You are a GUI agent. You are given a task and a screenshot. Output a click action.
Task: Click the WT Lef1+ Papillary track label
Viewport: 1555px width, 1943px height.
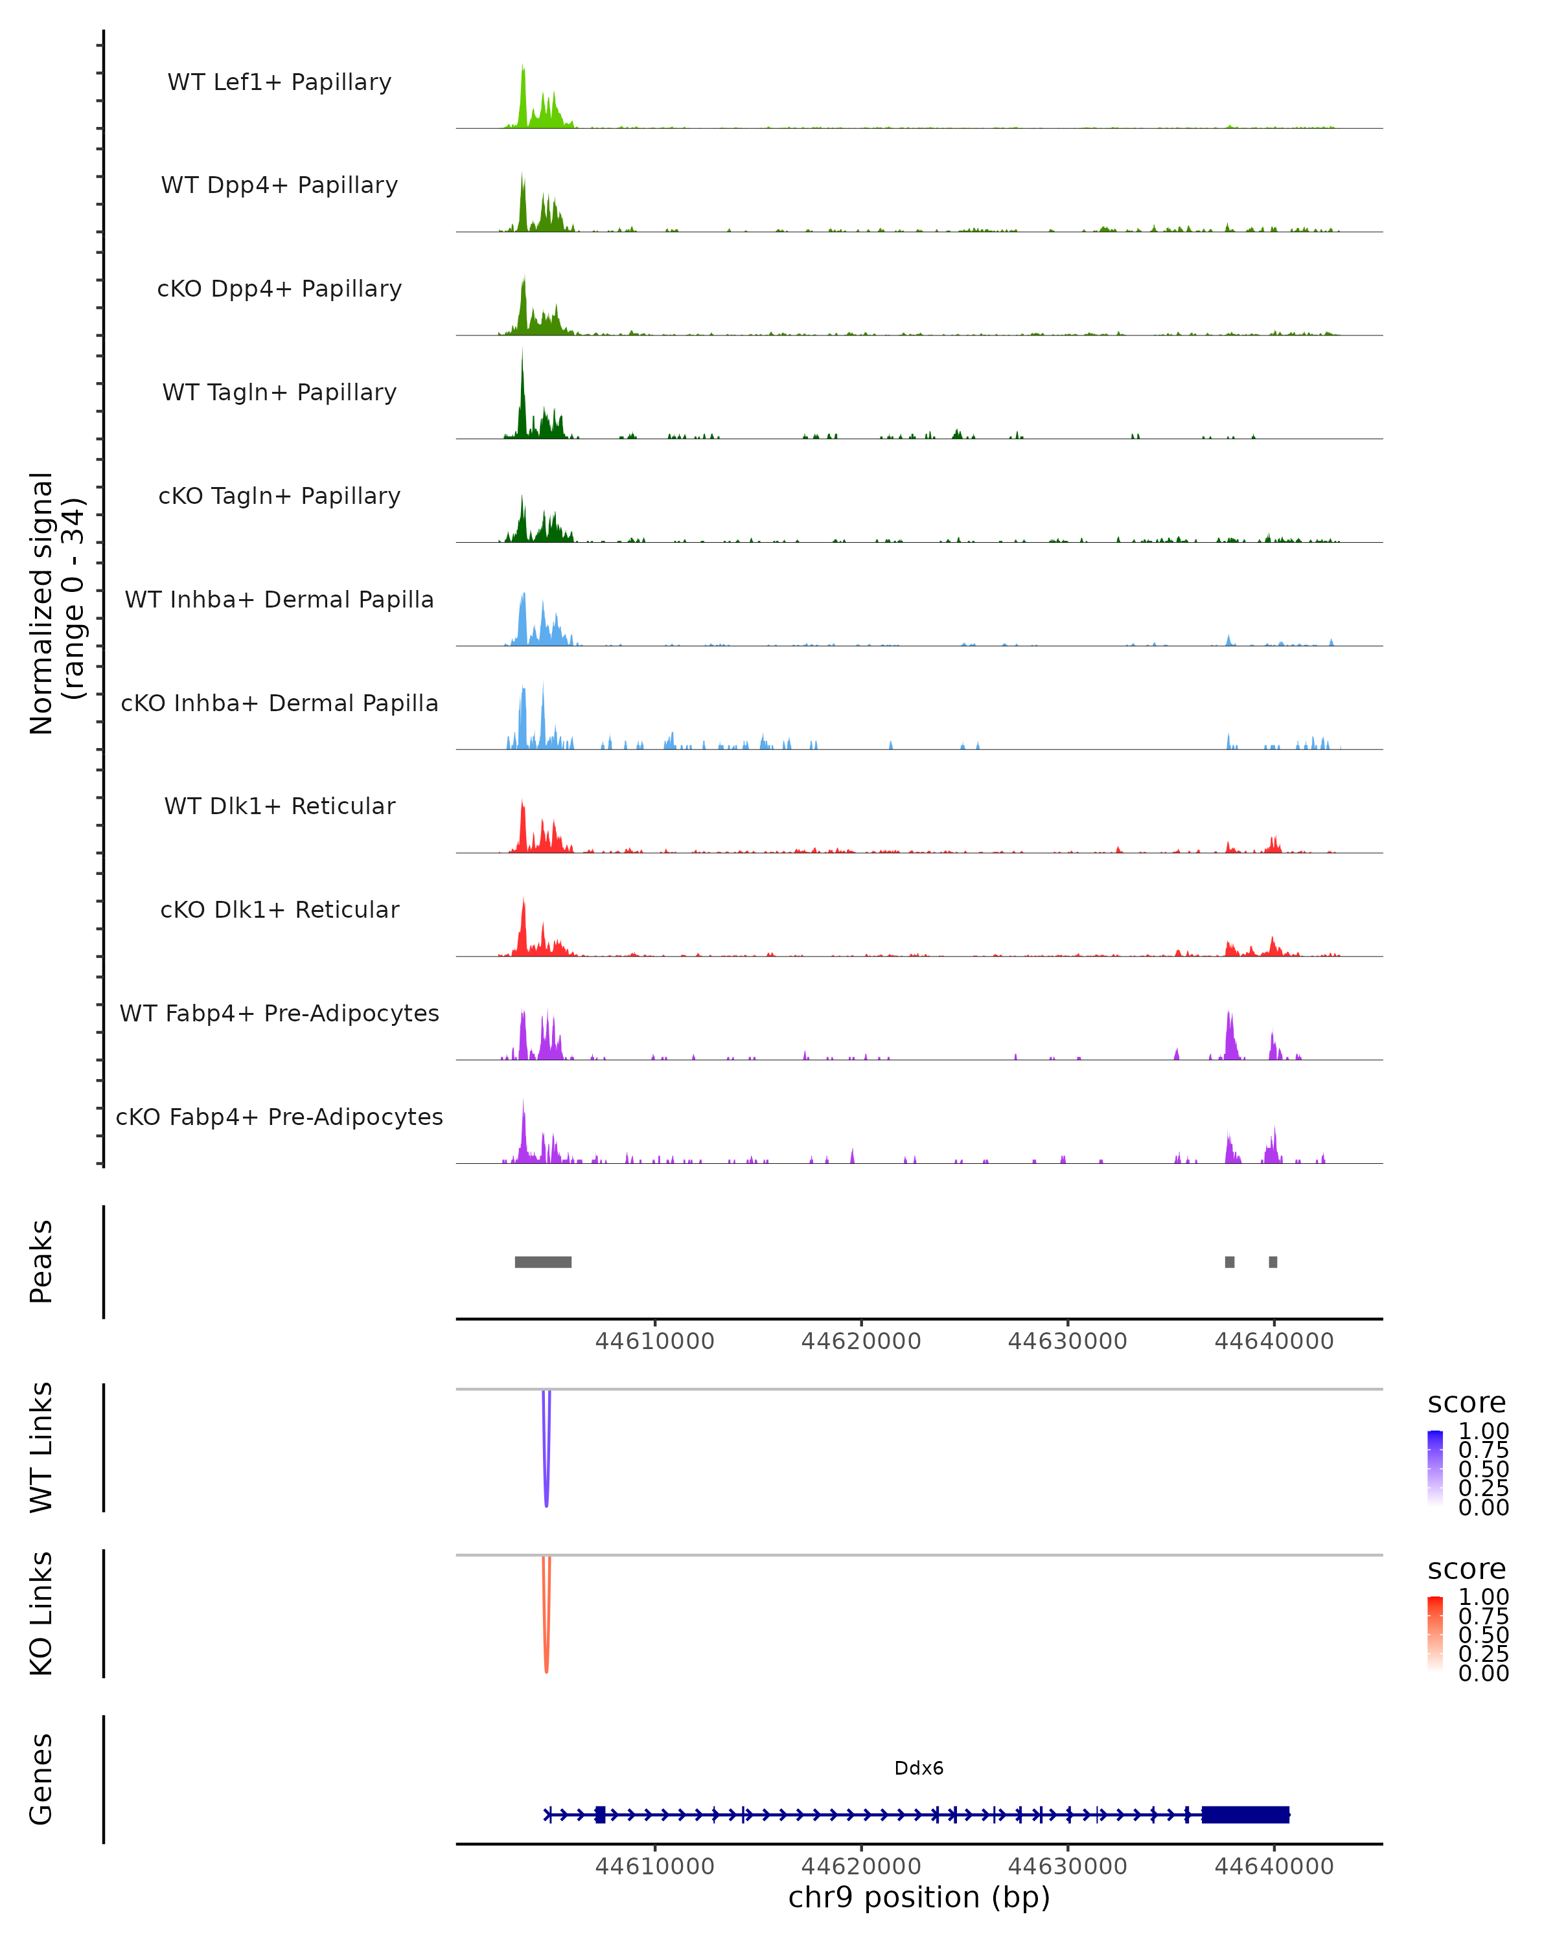(279, 82)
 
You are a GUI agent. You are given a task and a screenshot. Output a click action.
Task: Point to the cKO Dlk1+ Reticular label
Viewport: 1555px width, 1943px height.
(279, 909)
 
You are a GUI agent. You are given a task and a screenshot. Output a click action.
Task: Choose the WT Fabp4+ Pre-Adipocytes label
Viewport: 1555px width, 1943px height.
(279, 1013)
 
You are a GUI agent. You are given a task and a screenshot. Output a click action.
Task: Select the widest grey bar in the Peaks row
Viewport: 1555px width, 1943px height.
(543, 1262)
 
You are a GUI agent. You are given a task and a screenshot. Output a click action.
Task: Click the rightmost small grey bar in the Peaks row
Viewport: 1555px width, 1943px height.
(1273, 1262)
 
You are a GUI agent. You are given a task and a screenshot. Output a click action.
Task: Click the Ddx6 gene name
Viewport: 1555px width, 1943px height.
(919, 1768)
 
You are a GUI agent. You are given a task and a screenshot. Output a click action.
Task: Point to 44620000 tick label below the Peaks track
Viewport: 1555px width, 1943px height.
(861, 1341)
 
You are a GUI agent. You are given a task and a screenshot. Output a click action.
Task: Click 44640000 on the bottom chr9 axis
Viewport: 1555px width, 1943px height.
(1274, 1867)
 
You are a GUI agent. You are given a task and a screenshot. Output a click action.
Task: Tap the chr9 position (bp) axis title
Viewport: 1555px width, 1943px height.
(919, 1897)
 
